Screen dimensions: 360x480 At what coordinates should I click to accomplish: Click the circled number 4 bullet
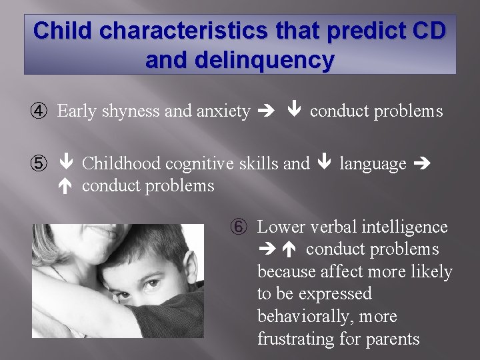pos(41,111)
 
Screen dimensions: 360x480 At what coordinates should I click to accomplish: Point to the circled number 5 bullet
pos(41,163)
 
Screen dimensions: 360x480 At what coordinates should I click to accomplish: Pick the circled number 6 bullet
pos(241,227)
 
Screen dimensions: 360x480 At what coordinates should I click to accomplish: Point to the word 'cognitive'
pos(202,163)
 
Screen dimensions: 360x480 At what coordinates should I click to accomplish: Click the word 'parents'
pos(393,339)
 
